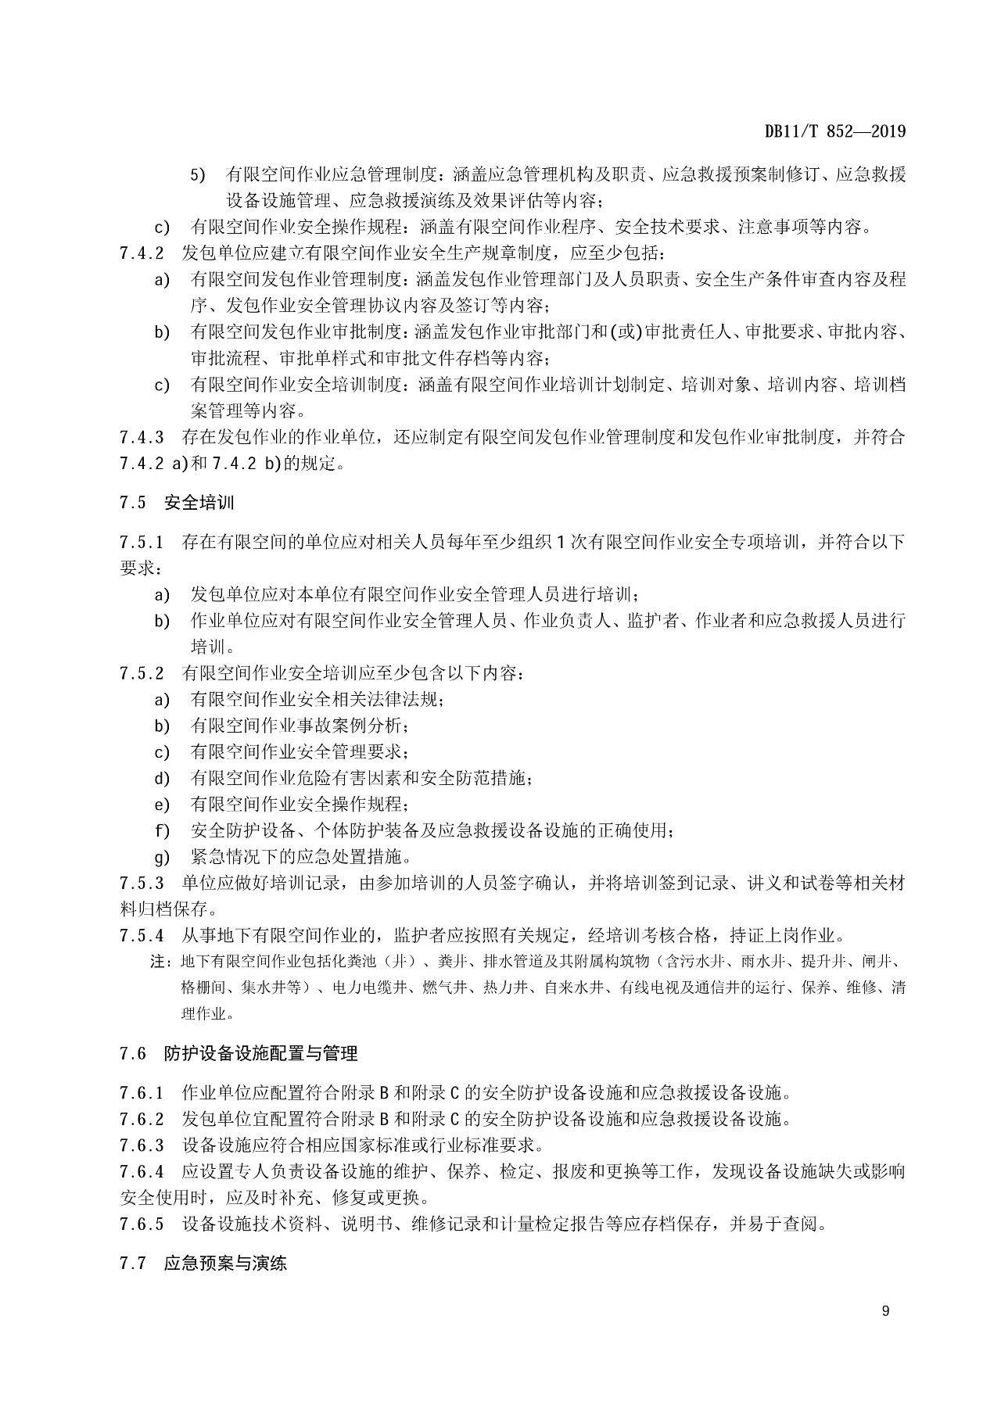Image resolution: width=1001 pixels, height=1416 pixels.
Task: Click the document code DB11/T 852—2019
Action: (x=834, y=131)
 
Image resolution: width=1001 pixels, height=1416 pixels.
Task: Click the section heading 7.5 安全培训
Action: (x=177, y=502)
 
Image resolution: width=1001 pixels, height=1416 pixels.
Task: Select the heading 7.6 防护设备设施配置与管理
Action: (x=239, y=1053)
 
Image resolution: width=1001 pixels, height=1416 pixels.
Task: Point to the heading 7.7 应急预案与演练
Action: (x=203, y=1262)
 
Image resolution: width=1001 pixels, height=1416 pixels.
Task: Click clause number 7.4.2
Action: (x=142, y=253)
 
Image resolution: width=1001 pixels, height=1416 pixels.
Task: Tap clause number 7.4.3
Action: (x=142, y=437)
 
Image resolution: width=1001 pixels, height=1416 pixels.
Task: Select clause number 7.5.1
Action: (x=142, y=542)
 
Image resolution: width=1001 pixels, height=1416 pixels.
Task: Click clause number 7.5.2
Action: (x=142, y=672)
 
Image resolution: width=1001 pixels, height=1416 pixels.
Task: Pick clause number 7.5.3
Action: (x=142, y=884)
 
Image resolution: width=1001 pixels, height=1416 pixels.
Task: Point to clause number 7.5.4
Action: (x=142, y=935)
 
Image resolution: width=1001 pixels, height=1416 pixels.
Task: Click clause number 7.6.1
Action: (x=142, y=1092)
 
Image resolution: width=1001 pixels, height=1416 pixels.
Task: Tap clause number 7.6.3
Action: (x=142, y=1145)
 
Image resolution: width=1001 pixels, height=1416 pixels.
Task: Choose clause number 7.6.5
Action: (x=142, y=1224)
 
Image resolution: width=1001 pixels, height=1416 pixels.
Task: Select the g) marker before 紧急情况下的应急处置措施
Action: (x=162, y=857)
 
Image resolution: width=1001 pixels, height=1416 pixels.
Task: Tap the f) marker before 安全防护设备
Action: (x=162, y=830)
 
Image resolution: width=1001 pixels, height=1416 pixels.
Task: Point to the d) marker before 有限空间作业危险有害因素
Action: (x=162, y=778)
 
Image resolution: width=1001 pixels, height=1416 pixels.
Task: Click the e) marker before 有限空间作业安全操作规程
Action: (x=162, y=804)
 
